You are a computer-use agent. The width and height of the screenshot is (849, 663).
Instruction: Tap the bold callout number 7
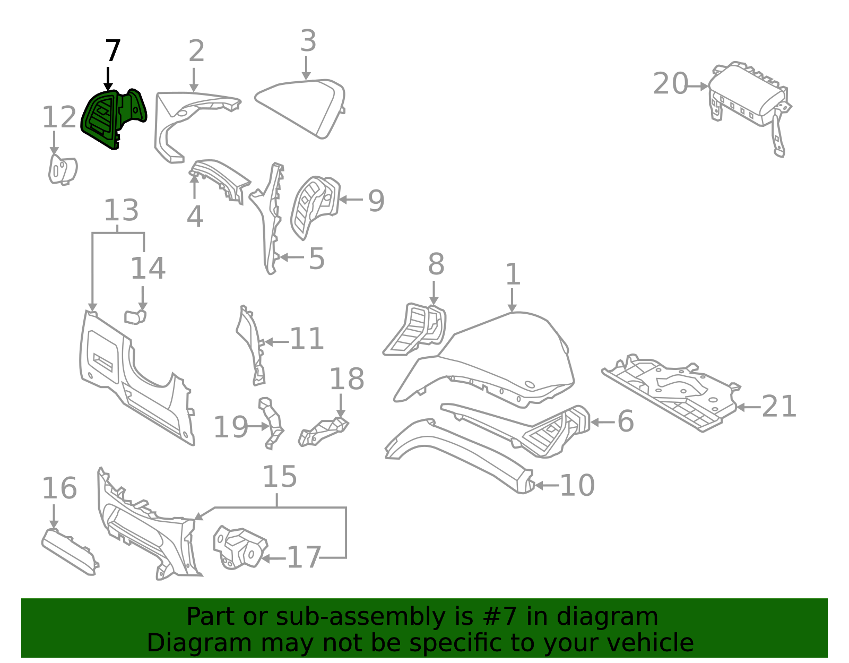point(113,51)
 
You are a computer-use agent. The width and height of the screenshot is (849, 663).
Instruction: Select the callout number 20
point(670,84)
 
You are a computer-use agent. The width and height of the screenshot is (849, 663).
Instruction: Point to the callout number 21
point(778,406)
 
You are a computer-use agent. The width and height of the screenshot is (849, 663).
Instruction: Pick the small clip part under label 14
point(135,316)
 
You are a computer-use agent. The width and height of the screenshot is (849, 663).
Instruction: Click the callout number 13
point(121,210)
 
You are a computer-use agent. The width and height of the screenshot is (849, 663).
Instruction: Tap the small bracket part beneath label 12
point(63,169)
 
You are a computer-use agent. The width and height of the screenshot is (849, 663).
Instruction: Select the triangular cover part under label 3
point(300,109)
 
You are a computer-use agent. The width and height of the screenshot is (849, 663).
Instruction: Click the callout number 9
point(376,201)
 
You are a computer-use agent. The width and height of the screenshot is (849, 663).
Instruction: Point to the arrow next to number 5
point(292,257)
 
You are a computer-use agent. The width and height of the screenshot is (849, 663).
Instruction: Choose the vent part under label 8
point(414,329)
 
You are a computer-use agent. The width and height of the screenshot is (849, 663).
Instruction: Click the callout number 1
point(513,274)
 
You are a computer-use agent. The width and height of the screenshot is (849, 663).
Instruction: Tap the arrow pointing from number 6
point(602,422)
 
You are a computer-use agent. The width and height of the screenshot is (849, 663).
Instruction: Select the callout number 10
point(577,486)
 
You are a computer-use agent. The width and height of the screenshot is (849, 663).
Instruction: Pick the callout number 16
point(59,488)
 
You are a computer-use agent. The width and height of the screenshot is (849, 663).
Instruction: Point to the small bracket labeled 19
point(272,424)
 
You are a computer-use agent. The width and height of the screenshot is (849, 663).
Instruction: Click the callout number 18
point(347,379)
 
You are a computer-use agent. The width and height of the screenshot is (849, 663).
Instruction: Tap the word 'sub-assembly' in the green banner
point(361,617)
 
